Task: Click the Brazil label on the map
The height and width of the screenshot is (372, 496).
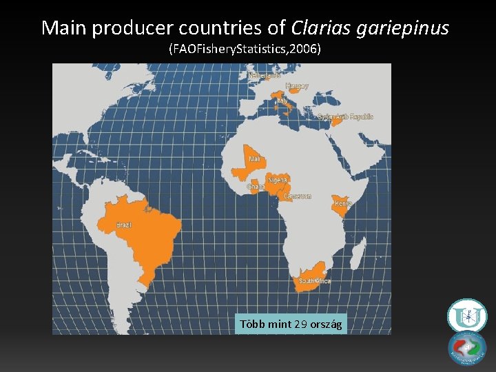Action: click(124, 225)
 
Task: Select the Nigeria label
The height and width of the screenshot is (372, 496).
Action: click(278, 180)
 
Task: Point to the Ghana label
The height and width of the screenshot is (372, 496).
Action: click(256, 187)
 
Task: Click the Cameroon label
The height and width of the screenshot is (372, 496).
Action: click(298, 196)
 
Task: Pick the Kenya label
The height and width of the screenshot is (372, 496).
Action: click(343, 204)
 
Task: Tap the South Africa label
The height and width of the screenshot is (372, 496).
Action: click(315, 281)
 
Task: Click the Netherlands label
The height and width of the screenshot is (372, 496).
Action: click(264, 75)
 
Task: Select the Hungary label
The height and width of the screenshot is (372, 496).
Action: click(297, 86)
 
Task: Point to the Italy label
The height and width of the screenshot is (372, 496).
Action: click(282, 101)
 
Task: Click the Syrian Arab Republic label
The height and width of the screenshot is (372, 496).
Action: click(346, 117)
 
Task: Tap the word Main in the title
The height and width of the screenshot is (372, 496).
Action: click(63, 28)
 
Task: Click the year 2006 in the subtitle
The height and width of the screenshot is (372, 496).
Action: click(304, 50)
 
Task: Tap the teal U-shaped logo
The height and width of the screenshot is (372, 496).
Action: click(467, 316)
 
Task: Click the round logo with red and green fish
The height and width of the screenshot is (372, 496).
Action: click(467, 348)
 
